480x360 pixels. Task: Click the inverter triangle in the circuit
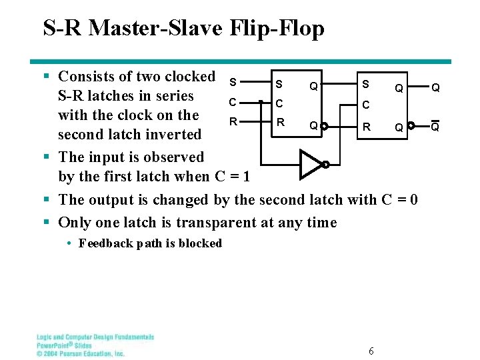click(x=310, y=165)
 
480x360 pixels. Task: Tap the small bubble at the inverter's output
click(x=325, y=165)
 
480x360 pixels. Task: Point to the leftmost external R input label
click(x=233, y=122)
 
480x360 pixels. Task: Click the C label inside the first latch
click(x=280, y=104)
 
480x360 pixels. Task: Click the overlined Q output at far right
click(x=434, y=126)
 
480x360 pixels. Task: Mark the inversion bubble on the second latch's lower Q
click(x=411, y=125)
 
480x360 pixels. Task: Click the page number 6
click(x=371, y=351)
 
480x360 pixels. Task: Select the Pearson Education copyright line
click(x=81, y=353)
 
